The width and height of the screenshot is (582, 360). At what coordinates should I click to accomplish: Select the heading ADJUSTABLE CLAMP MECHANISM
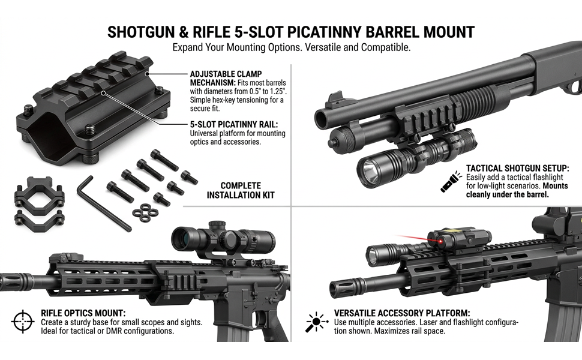pos(226,78)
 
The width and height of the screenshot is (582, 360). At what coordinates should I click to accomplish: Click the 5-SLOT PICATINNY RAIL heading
pos(234,124)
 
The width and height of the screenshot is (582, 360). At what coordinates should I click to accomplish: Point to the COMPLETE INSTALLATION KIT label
pos(241,190)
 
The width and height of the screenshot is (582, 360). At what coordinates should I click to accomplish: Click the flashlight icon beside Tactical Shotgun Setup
pos(451,181)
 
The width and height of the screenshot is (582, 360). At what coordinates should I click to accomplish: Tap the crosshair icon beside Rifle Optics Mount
pos(23,322)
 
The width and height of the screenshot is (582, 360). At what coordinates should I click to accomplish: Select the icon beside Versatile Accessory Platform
pos(316,322)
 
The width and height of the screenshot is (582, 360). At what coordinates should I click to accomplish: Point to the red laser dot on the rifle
pos(441,242)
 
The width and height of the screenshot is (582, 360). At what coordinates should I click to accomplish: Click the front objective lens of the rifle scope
pos(181,238)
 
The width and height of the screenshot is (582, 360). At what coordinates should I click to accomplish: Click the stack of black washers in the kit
pos(145,212)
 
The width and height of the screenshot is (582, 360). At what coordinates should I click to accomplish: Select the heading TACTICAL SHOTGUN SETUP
pos(517,169)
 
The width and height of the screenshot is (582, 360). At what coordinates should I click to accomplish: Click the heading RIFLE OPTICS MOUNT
pos(83,313)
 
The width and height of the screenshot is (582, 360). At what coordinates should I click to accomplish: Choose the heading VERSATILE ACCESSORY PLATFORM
pos(402,313)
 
